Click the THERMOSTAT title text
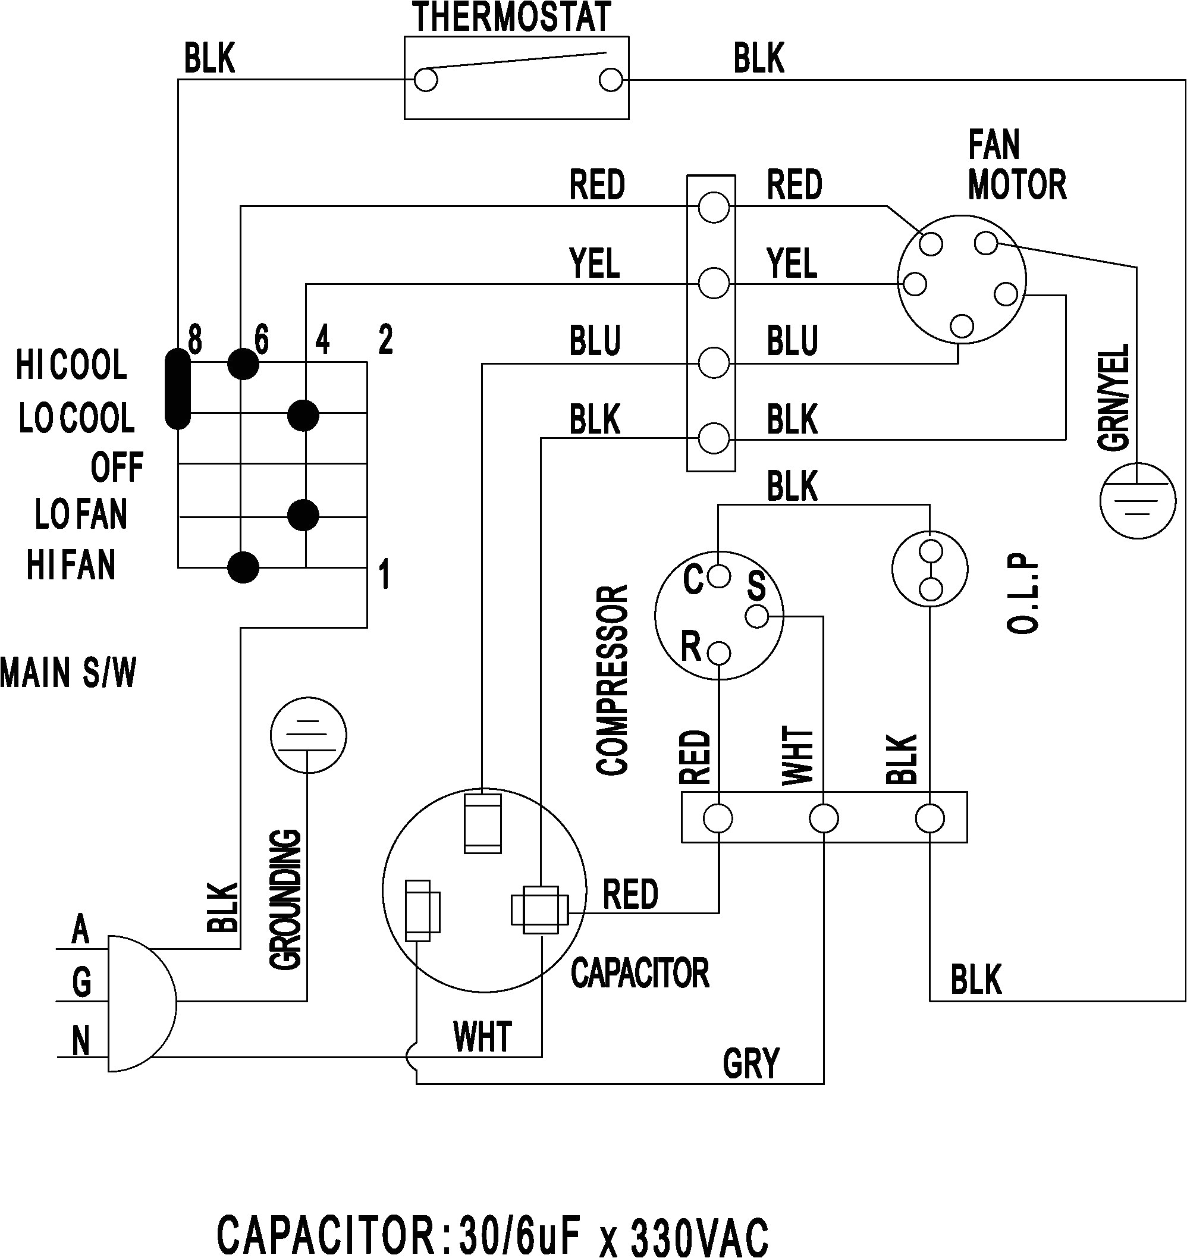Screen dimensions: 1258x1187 point(511,17)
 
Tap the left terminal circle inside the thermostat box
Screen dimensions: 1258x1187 point(425,80)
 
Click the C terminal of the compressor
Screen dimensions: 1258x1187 point(718,576)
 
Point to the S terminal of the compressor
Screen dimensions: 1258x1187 point(757,616)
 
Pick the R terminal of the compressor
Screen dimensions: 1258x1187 point(720,652)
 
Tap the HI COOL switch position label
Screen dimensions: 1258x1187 point(71,365)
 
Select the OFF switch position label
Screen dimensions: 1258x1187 point(117,467)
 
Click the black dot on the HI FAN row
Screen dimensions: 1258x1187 point(243,567)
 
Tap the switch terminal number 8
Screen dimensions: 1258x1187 point(195,340)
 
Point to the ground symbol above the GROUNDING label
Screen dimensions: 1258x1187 point(308,735)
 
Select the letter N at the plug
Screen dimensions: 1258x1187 point(80,1041)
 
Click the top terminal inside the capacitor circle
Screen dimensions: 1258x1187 point(482,824)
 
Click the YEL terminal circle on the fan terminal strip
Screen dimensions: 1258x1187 point(713,283)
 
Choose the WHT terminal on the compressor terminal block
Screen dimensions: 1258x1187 point(823,818)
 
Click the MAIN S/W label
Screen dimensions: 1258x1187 point(68,673)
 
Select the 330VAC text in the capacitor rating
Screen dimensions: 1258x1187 point(700,1235)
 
